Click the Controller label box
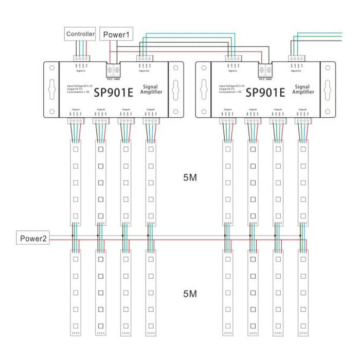[x=81, y=34]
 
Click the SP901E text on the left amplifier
[x=113, y=93]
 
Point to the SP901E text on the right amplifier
[x=265, y=93]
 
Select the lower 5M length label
[x=190, y=294]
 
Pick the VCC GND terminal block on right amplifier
[x=265, y=70]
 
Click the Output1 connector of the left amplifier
[x=76, y=121]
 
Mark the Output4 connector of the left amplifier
[x=150, y=121]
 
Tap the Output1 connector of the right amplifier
[x=227, y=121]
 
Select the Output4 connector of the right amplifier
[x=302, y=121]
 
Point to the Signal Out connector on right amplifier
[x=296, y=58]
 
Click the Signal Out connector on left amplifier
[x=145, y=58]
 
